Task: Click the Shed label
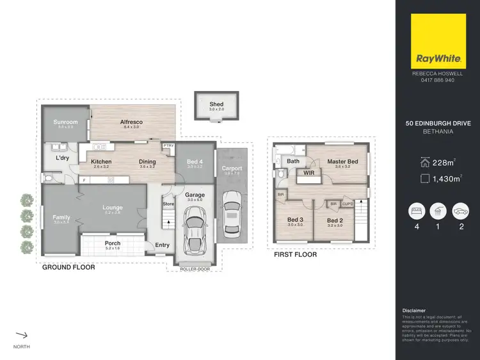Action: pos(216,104)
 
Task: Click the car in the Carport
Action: pos(232,217)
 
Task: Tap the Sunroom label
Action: pos(65,122)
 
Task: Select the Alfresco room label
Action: pos(131,122)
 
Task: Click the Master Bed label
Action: pos(342,161)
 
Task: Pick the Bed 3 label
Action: pos(295,219)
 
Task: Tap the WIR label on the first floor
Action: pos(308,173)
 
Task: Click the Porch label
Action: pos(112,243)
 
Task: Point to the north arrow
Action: pos(22,334)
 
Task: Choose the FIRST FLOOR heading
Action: pos(295,254)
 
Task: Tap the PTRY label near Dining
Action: pos(168,146)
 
